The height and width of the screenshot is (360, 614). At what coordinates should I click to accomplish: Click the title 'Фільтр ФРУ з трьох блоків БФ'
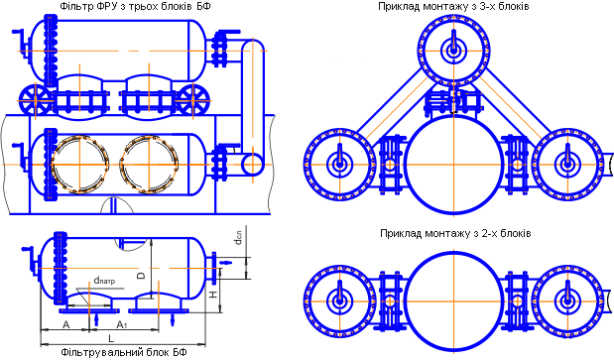pos(136,6)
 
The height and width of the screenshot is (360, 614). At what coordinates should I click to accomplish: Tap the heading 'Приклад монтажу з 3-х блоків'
pos(453,6)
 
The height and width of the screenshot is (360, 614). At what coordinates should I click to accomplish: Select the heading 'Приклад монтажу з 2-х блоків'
pos(455,234)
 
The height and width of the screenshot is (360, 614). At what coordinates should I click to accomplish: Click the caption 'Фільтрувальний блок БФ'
pos(124,351)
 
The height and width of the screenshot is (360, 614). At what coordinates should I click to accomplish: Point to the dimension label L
pos(111,338)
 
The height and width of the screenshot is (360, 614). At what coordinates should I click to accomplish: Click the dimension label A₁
pos(122,324)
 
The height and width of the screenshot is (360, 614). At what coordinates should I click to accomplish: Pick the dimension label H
pos(213,294)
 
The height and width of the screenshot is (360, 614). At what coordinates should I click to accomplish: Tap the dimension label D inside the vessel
pos(142,275)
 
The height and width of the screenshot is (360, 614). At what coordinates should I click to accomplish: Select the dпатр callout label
pos(104,281)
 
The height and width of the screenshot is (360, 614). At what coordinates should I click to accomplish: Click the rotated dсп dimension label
pos(238,238)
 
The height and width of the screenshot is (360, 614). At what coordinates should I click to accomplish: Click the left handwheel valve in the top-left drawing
pos(36,100)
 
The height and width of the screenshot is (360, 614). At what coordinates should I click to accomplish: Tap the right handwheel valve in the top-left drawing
pos(192,100)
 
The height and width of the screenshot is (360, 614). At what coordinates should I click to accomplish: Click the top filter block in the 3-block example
pos(454,51)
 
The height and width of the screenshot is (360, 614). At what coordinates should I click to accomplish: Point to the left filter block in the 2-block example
pos(339,301)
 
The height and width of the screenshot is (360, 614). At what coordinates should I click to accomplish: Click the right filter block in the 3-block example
pos(567,165)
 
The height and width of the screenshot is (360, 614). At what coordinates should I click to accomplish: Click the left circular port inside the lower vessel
pos(53,165)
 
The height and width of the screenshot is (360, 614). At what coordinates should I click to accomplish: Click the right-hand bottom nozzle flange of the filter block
pos(159,311)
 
